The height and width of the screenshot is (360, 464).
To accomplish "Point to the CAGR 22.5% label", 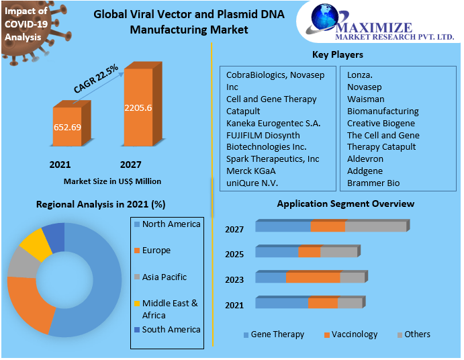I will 96,78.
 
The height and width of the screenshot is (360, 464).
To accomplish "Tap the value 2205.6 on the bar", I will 138,107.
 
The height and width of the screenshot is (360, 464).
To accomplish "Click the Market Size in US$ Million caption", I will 112,181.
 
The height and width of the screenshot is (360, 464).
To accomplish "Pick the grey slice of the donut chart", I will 23,264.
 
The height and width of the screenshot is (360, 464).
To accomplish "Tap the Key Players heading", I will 337,55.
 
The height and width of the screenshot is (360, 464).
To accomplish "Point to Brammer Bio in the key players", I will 373,183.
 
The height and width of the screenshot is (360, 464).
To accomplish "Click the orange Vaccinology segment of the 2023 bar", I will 313,277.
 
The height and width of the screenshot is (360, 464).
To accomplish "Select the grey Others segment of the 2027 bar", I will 375,226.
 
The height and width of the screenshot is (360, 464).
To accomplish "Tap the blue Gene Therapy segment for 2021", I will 281,304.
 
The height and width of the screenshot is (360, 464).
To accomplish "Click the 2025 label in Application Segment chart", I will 234,255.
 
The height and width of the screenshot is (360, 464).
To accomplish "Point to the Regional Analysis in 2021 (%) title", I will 101,204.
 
